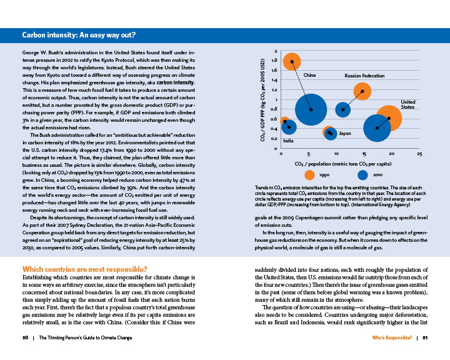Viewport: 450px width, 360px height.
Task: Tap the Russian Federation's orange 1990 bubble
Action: coord(362,91)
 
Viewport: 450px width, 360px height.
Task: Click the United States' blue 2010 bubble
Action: coord(377,128)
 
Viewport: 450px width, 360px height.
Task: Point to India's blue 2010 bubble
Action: coord(289,127)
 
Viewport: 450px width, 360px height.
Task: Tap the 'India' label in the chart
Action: coord(288,141)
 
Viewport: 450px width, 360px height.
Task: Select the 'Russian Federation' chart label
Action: coord(364,75)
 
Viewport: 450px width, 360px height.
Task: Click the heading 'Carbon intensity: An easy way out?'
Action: coord(79,35)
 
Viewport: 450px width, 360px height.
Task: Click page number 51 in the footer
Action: coord(424,337)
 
